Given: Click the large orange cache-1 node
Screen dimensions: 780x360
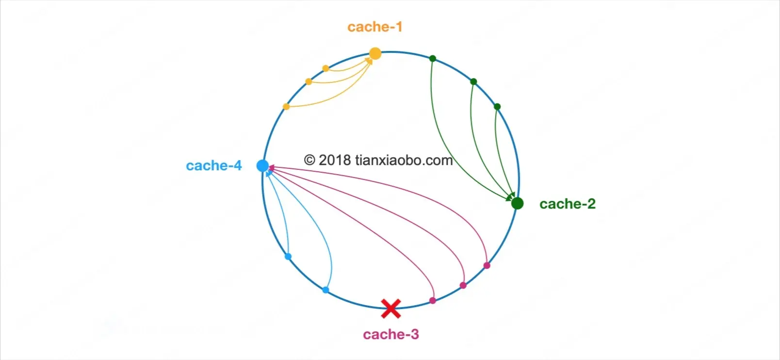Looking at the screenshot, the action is tap(375, 53).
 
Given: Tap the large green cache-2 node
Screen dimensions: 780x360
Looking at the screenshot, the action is tap(517, 203).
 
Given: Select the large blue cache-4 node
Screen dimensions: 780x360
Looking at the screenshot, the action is tap(262, 166).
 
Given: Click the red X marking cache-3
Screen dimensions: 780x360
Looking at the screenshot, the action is tap(390, 309).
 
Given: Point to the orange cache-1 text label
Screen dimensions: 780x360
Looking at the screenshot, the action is tap(374, 27).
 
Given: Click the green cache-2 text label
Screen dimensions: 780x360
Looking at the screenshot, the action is tap(567, 204).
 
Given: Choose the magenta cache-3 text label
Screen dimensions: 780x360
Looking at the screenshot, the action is tap(390, 335).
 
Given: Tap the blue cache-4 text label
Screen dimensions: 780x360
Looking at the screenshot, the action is tap(213, 166).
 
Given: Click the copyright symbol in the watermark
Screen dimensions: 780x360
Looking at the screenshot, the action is tap(309, 160).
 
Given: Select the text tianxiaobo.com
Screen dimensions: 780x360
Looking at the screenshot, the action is tap(404, 160).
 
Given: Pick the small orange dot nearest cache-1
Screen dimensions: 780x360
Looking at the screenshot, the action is tap(325, 68).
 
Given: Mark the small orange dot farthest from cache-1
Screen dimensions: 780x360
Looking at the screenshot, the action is tap(286, 107).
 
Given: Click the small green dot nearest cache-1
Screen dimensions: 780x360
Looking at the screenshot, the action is tap(433, 59).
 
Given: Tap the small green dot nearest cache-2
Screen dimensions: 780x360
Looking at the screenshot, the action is tap(497, 107).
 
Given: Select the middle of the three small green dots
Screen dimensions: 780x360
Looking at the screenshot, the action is tap(473, 82).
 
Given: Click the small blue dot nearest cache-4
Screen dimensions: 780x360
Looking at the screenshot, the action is tap(288, 256).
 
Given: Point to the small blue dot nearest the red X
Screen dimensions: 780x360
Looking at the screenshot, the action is tap(325, 290).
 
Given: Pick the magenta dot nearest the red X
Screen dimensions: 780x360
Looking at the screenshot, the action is tap(433, 301).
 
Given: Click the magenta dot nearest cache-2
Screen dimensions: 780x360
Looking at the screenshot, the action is tap(487, 265).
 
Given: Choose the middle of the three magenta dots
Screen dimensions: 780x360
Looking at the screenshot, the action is tap(463, 285).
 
